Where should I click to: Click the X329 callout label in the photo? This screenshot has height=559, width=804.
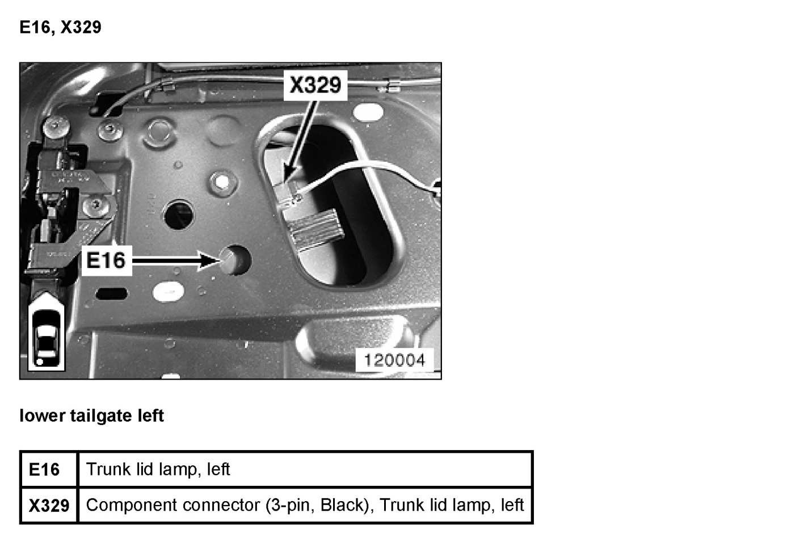pyautogui.click(x=315, y=85)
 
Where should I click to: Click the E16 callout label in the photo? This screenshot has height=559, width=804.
pyautogui.click(x=106, y=260)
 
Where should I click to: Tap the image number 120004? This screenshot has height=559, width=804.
pyautogui.click(x=394, y=360)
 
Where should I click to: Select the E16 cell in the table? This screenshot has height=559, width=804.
pyautogui.click(x=44, y=470)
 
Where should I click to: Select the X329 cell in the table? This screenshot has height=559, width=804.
pyautogui.click(x=49, y=505)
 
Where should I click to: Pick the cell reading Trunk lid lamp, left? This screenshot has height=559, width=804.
pyautogui.click(x=158, y=469)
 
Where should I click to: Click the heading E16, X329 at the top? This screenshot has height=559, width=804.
pyautogui.click(x=60, y=27)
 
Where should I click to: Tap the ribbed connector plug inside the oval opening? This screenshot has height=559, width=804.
pyautogui.click(x=315, y=228)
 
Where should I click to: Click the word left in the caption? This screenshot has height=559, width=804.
pyautogui.click(x=150, y=416)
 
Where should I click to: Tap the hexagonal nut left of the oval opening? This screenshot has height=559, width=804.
pyautogui.click(x=222, y=182)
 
